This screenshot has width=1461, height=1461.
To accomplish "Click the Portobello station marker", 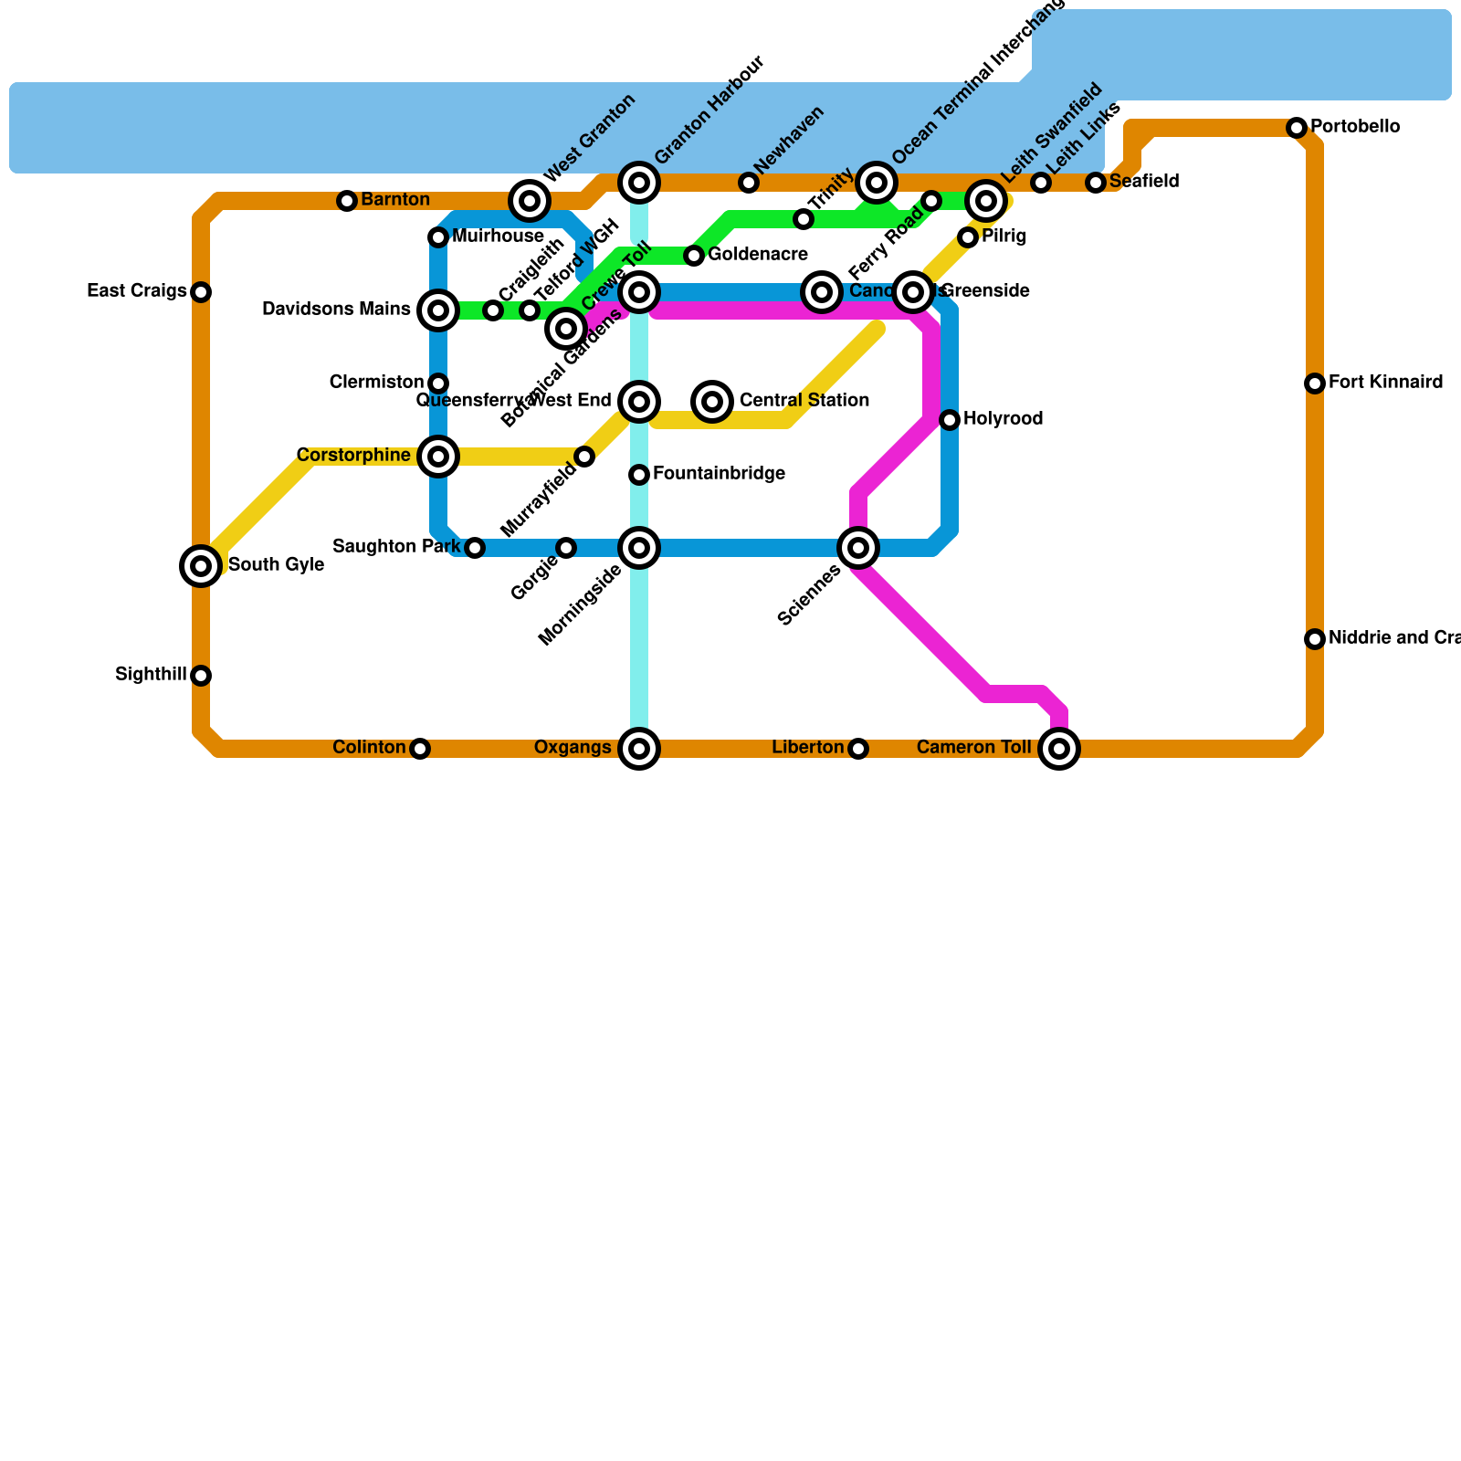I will click(x=1297, y=128).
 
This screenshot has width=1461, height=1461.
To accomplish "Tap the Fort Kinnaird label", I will click(x=1385, y=383).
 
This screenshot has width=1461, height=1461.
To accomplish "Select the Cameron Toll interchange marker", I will click(x=1059, y=749).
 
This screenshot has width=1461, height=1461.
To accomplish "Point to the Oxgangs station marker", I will click(x=639, y=749).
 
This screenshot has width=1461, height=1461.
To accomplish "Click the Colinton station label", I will click(x=369, y=749).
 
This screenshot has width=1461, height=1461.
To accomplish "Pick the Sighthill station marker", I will click(x=201, y=676).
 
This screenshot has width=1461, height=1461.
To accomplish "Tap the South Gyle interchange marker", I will click(x=201, y=566).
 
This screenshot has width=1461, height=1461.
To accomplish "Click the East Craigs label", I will click(x=137, y=291).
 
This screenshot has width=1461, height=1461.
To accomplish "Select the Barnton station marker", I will click(x=347, y=201).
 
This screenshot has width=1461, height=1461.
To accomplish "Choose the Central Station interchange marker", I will click(x=712, y=402).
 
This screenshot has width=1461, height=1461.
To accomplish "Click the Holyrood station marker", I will click(x=950, y=420).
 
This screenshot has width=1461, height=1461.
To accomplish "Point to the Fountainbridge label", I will click(x=719, y=474).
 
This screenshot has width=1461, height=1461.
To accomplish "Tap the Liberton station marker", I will click(x=858, y=749).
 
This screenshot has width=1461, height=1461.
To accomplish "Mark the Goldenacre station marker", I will click(x=694, y=256).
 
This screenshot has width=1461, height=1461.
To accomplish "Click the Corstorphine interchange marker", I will click(x=438, y=457).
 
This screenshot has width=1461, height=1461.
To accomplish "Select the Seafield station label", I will click(x=1144, y=182).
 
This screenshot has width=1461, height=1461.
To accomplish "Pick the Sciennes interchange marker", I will click(x=858, y=548).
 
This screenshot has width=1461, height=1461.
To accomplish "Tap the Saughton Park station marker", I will click(x=475, y=548).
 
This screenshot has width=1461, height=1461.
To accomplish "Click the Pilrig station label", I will click(x=1004, y=237).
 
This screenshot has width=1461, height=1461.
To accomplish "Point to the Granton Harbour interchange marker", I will click(x=639, y=183).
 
